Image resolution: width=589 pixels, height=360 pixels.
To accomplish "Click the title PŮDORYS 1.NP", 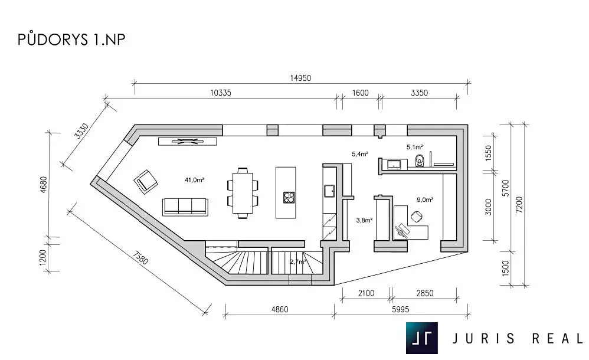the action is [x=71, y=40].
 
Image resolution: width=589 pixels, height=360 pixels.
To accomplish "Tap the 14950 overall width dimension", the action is [x=300, y=78].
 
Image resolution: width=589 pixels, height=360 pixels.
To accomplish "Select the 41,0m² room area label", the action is [x=194, y=180].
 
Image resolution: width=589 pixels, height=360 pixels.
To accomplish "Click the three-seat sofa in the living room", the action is [x=185, y=207].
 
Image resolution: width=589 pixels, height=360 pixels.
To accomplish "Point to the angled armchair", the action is [x=145, y=182].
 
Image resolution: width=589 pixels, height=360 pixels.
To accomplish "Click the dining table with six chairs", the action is [x=243, y=193].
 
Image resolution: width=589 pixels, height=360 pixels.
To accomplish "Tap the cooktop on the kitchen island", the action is [x=289, y=197].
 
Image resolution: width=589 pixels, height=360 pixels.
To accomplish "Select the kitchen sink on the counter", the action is [x=330, y=191].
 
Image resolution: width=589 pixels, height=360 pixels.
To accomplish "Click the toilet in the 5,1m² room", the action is [x=420, y=161].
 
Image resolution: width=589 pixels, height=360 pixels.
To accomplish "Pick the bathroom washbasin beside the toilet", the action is [x=394, y=164].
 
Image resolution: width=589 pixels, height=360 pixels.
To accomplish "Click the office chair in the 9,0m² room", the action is [x=416, y=217].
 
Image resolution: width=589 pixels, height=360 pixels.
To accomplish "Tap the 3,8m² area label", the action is [x=364, y=220].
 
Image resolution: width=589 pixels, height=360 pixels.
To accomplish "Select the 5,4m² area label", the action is [x=360, y=153].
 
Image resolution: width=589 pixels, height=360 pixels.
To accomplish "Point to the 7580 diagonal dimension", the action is [x=140, y=258].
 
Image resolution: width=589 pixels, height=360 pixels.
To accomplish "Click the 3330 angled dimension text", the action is [x=81, y=131].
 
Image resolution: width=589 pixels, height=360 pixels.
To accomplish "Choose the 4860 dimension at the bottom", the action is [x=280, y=309].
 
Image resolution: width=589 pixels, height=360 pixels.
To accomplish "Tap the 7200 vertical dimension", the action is [x=519, y=205].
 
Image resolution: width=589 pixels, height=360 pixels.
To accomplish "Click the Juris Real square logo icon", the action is [x=421, y=338].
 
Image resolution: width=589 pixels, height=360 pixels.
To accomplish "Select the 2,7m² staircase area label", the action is [x=298, y=261].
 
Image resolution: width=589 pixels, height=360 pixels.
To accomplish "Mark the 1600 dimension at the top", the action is [x=360, y=93].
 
